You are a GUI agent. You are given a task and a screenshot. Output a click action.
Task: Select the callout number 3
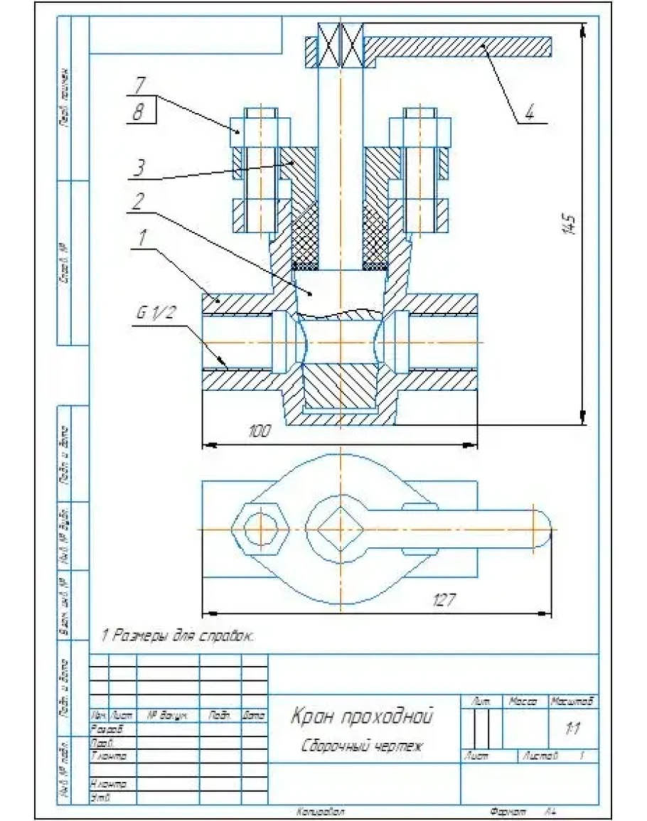[141, 168]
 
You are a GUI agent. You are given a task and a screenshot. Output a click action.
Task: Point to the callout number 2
[141, 202]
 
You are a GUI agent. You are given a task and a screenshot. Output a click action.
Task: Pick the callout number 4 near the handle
[529, 112]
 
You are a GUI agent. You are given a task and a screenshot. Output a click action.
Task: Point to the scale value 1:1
[572, 729]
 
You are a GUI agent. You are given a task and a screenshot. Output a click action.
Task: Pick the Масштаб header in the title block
[572, 702]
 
